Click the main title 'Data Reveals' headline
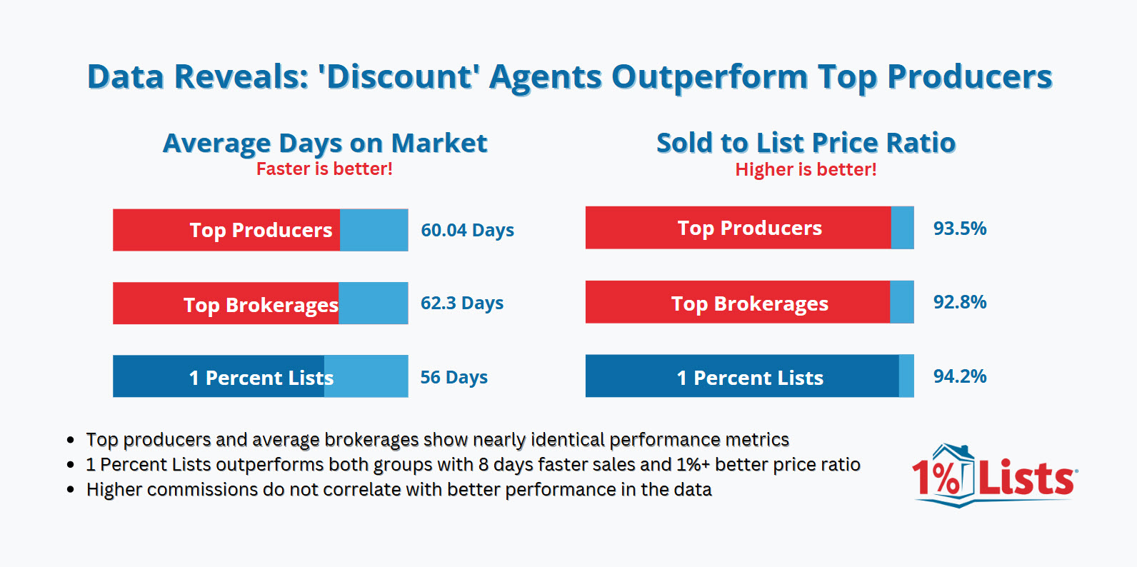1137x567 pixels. click(569, 76)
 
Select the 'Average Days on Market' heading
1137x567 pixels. click(325, 143)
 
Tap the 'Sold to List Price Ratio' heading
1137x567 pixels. click(806, 143)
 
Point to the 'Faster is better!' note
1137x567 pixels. click(324, 169)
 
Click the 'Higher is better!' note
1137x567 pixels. click(806, 170)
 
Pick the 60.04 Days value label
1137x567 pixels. click(467, 230)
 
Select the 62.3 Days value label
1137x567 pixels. click(461, 303)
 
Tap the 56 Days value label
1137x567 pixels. click(454, 377)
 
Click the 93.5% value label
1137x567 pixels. click(959, 229)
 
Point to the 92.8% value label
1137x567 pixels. click(959, 302)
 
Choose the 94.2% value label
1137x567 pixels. click(959, 376)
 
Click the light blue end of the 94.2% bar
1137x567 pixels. click(906, 376)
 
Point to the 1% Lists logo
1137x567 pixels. click(993, 476)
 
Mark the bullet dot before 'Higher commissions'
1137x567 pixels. click(70, 490)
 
